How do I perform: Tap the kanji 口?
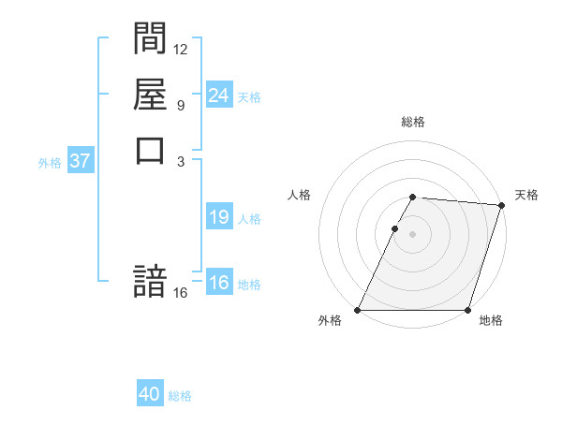150,149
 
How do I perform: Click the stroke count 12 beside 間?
181,49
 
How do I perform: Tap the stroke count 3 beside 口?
180,160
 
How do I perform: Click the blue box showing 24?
218,95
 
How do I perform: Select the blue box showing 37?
80,160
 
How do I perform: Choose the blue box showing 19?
218,217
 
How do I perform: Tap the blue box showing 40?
150,394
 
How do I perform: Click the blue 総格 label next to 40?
180,396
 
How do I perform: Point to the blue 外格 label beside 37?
50,162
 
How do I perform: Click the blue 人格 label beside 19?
249,219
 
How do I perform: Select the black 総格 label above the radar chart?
413,122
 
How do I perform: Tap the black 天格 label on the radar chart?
526,195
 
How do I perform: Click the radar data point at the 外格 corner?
358,310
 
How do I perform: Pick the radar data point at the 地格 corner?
467,310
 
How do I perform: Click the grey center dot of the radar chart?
413,234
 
